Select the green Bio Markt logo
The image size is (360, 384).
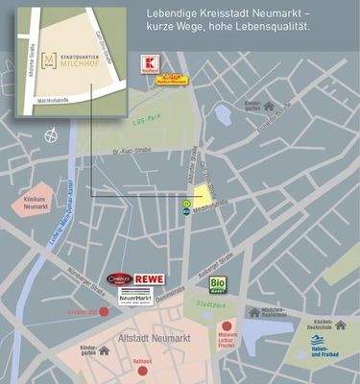[x=219, y=284]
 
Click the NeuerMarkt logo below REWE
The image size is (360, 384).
[x=136, y=299]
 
